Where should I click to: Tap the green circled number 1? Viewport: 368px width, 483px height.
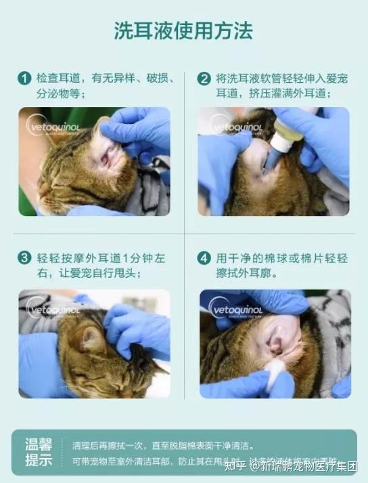25,79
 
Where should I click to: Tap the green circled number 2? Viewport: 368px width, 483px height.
204,79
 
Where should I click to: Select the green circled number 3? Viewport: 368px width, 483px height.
25,258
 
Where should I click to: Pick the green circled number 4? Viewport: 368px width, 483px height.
204,258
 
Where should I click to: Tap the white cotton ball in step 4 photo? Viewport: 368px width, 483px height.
276,371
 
